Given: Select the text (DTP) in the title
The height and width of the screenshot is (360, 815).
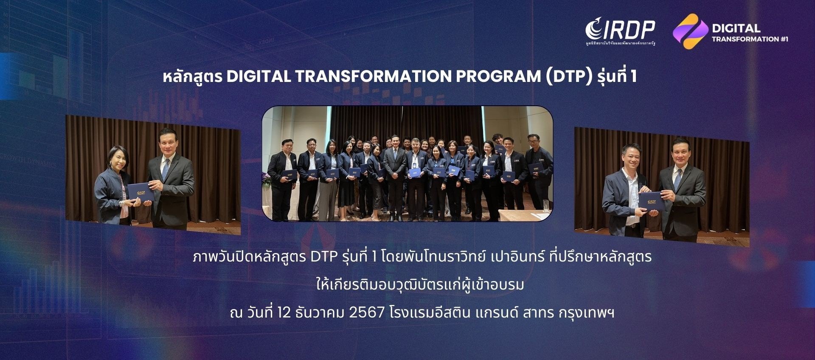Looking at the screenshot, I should pyautogui.click(x=568, y=76).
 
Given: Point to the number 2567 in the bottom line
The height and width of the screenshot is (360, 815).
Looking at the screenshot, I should pyautogui.click(x=366, y=313).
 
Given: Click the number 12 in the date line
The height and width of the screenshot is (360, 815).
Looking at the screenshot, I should pyautogui.click(x=284, y=313).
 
